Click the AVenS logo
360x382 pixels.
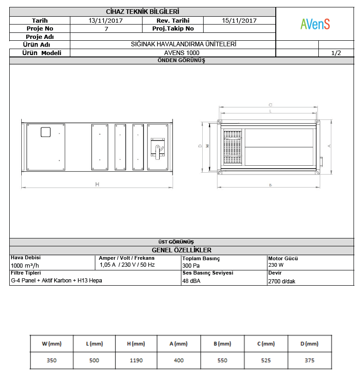click(x=315, y=24)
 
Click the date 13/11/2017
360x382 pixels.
click(x=106, y=20)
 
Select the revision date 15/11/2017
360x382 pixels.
click(x=239, y=20)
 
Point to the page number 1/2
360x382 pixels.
click(x=336, y=53)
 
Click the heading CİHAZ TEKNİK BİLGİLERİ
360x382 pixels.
click(x=143, y=12)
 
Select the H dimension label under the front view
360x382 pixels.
click(x=97, y=184)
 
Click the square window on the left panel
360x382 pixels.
click(x=45, y=132)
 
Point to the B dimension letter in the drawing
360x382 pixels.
click(x=270, y=185)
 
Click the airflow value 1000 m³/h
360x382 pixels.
click(x=26, y=266)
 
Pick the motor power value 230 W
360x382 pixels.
click(x=276, y=265)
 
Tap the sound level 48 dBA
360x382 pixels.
click(x=192, y=281)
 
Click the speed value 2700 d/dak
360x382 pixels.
click(x=282, y=281)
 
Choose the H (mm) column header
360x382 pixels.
click(x=136, y=344)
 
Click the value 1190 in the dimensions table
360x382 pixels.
click(x=136, y=360)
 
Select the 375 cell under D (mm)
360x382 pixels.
click(x=310, y=360)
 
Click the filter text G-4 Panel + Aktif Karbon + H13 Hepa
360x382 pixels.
click(x=56, y=280)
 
